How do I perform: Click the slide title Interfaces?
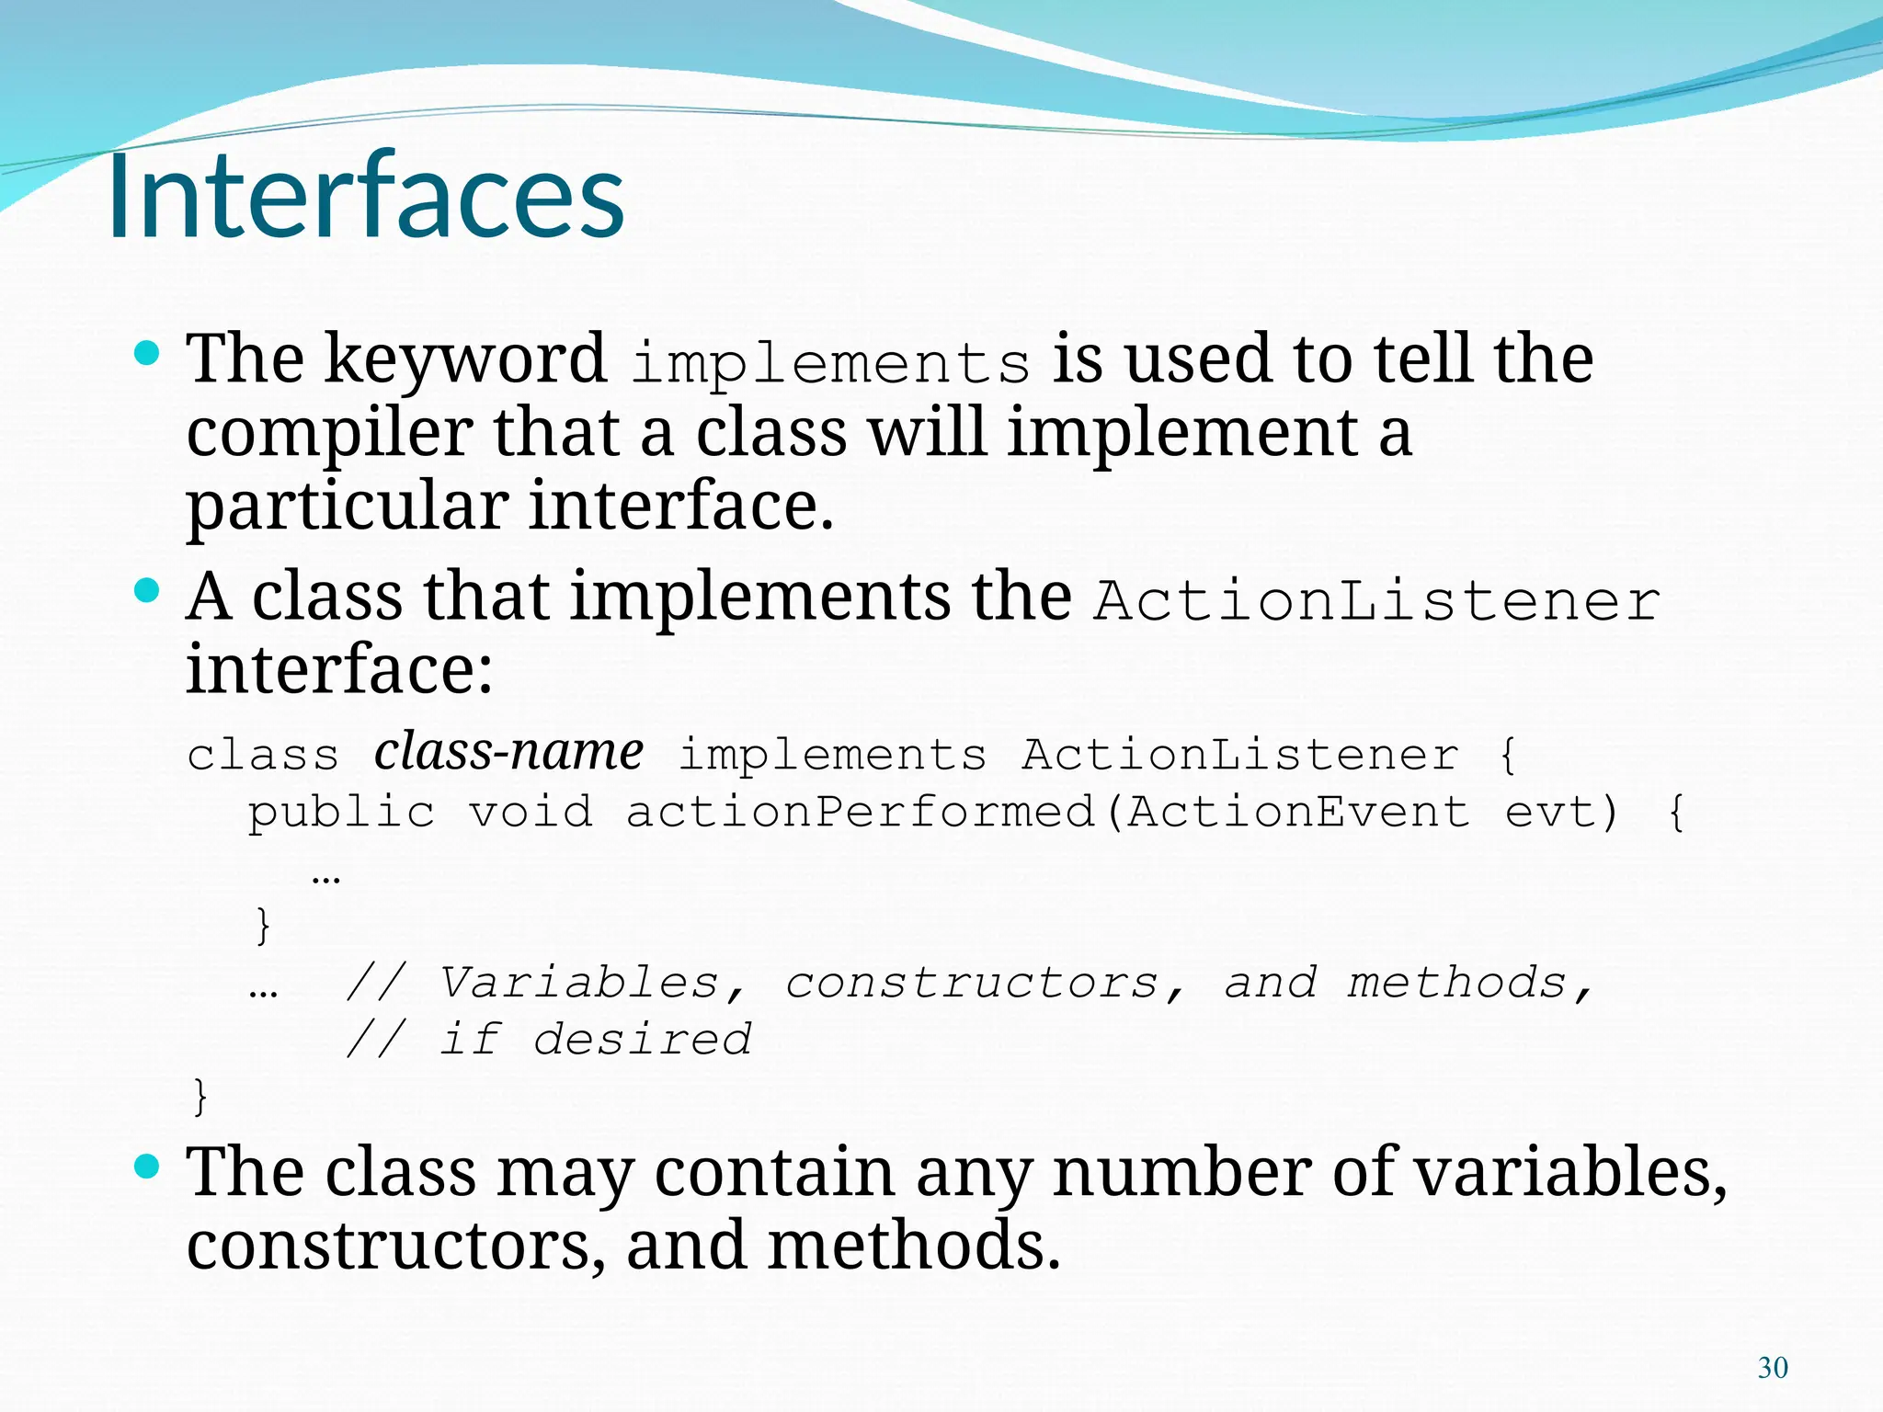click(x=366, y=197)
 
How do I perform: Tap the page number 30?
click(x=1773, y=1368)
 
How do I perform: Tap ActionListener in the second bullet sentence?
click(x=1376, y=601)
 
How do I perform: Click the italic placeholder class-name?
click(x=508, y=752)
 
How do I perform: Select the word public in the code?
click(x=341, y=813)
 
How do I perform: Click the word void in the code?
click(x=531, y=813)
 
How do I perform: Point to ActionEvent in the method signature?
click(x=1297, y=813)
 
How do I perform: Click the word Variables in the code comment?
click(x=578, y=983)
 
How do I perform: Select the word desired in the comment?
click(x=642, y=1040)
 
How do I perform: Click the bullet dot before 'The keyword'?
click(x=147, y=353)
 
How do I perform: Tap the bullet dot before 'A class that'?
click(x=147, y=590)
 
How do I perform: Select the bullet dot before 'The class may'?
click(x=147, y=1167)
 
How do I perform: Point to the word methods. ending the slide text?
click(x=913, y=1247)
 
